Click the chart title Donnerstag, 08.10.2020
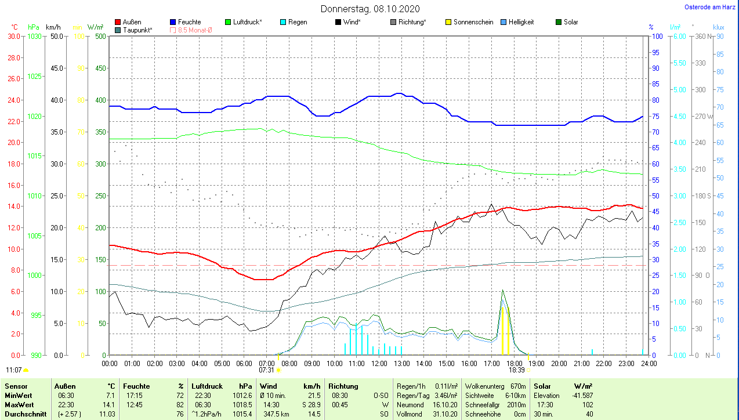point(370,9)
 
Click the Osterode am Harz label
point(711,8)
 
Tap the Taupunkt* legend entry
point(137,30)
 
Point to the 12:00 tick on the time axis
point(379,364)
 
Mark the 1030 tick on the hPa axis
point(35,37)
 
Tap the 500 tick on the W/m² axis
point(100,37)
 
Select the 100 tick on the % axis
point(657,37)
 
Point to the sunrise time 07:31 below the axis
point(266,370)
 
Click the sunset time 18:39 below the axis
point(516,370)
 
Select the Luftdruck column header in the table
point(207,386)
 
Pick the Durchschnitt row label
point(22,414)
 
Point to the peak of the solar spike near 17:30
point(502,290)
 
